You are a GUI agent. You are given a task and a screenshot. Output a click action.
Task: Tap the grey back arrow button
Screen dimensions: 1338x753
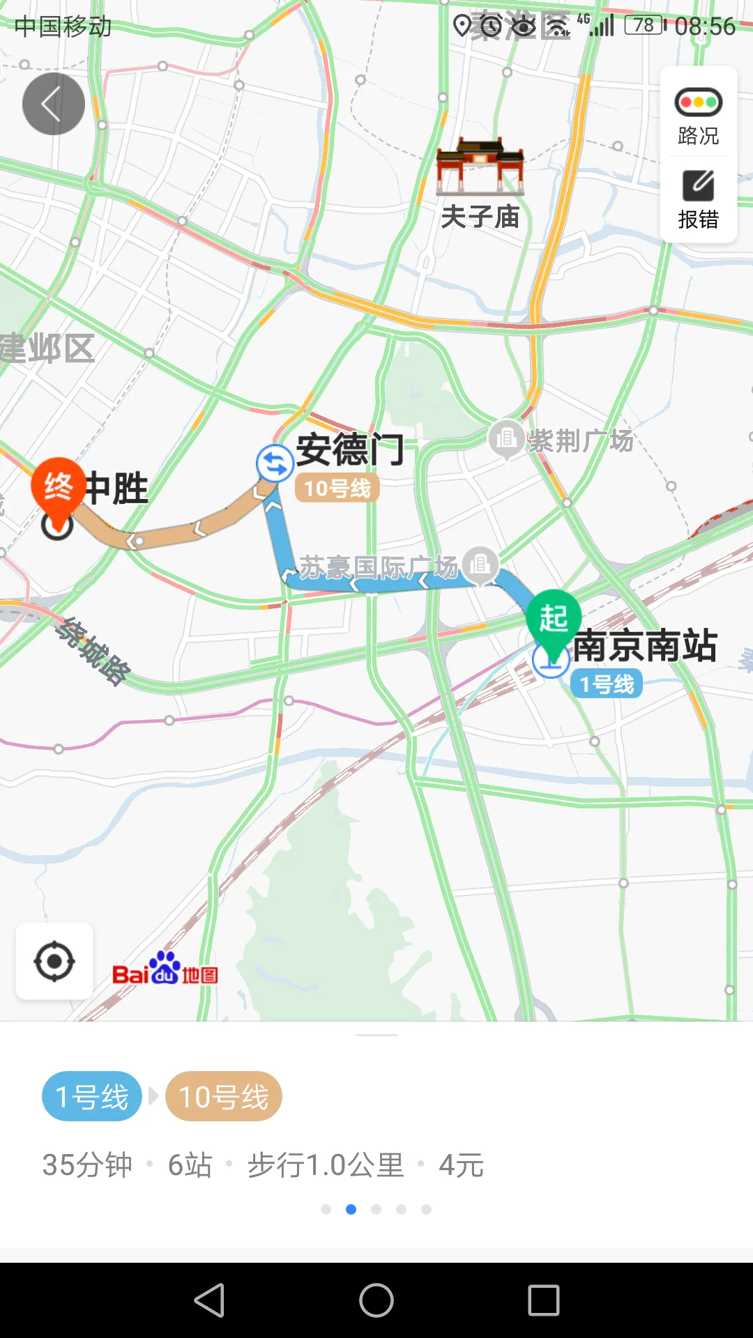[54, 104]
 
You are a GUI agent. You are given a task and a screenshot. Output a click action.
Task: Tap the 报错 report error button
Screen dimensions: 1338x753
[698, 199]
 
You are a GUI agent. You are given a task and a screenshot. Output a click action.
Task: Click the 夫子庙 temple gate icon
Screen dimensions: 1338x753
[480, 167]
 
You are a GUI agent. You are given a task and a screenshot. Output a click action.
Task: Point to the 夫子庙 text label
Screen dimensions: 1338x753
[480, 217]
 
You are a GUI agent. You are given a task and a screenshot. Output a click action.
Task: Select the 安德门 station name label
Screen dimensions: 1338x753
[350, 449]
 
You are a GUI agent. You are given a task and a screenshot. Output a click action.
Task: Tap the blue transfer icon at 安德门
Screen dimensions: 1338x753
[274, 463]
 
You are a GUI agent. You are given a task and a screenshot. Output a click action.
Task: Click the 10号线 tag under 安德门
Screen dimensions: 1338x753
[337, 489]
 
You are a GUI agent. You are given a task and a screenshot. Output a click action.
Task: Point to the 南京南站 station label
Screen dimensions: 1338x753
[645, 645]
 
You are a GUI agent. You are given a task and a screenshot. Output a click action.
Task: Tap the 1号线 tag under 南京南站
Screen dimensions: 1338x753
[607, 684]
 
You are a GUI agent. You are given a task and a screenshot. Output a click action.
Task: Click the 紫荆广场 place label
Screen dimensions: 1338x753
[580, 440]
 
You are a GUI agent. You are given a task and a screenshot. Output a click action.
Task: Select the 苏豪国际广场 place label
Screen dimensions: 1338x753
[379, 567]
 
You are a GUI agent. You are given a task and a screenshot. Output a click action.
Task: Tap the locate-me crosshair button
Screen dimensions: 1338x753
[54, 962]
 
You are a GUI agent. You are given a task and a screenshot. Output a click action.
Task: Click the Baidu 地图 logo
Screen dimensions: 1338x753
[165, 969]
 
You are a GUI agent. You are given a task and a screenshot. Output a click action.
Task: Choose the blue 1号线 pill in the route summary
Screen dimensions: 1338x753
[92, 1097]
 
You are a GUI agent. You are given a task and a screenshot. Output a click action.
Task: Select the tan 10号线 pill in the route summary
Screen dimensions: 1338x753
[224, 1097]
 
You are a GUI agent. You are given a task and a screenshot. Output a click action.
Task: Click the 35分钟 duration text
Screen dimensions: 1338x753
[87, 1165]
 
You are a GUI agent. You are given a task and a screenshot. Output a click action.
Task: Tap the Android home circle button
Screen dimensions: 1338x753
[376, 1300]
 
